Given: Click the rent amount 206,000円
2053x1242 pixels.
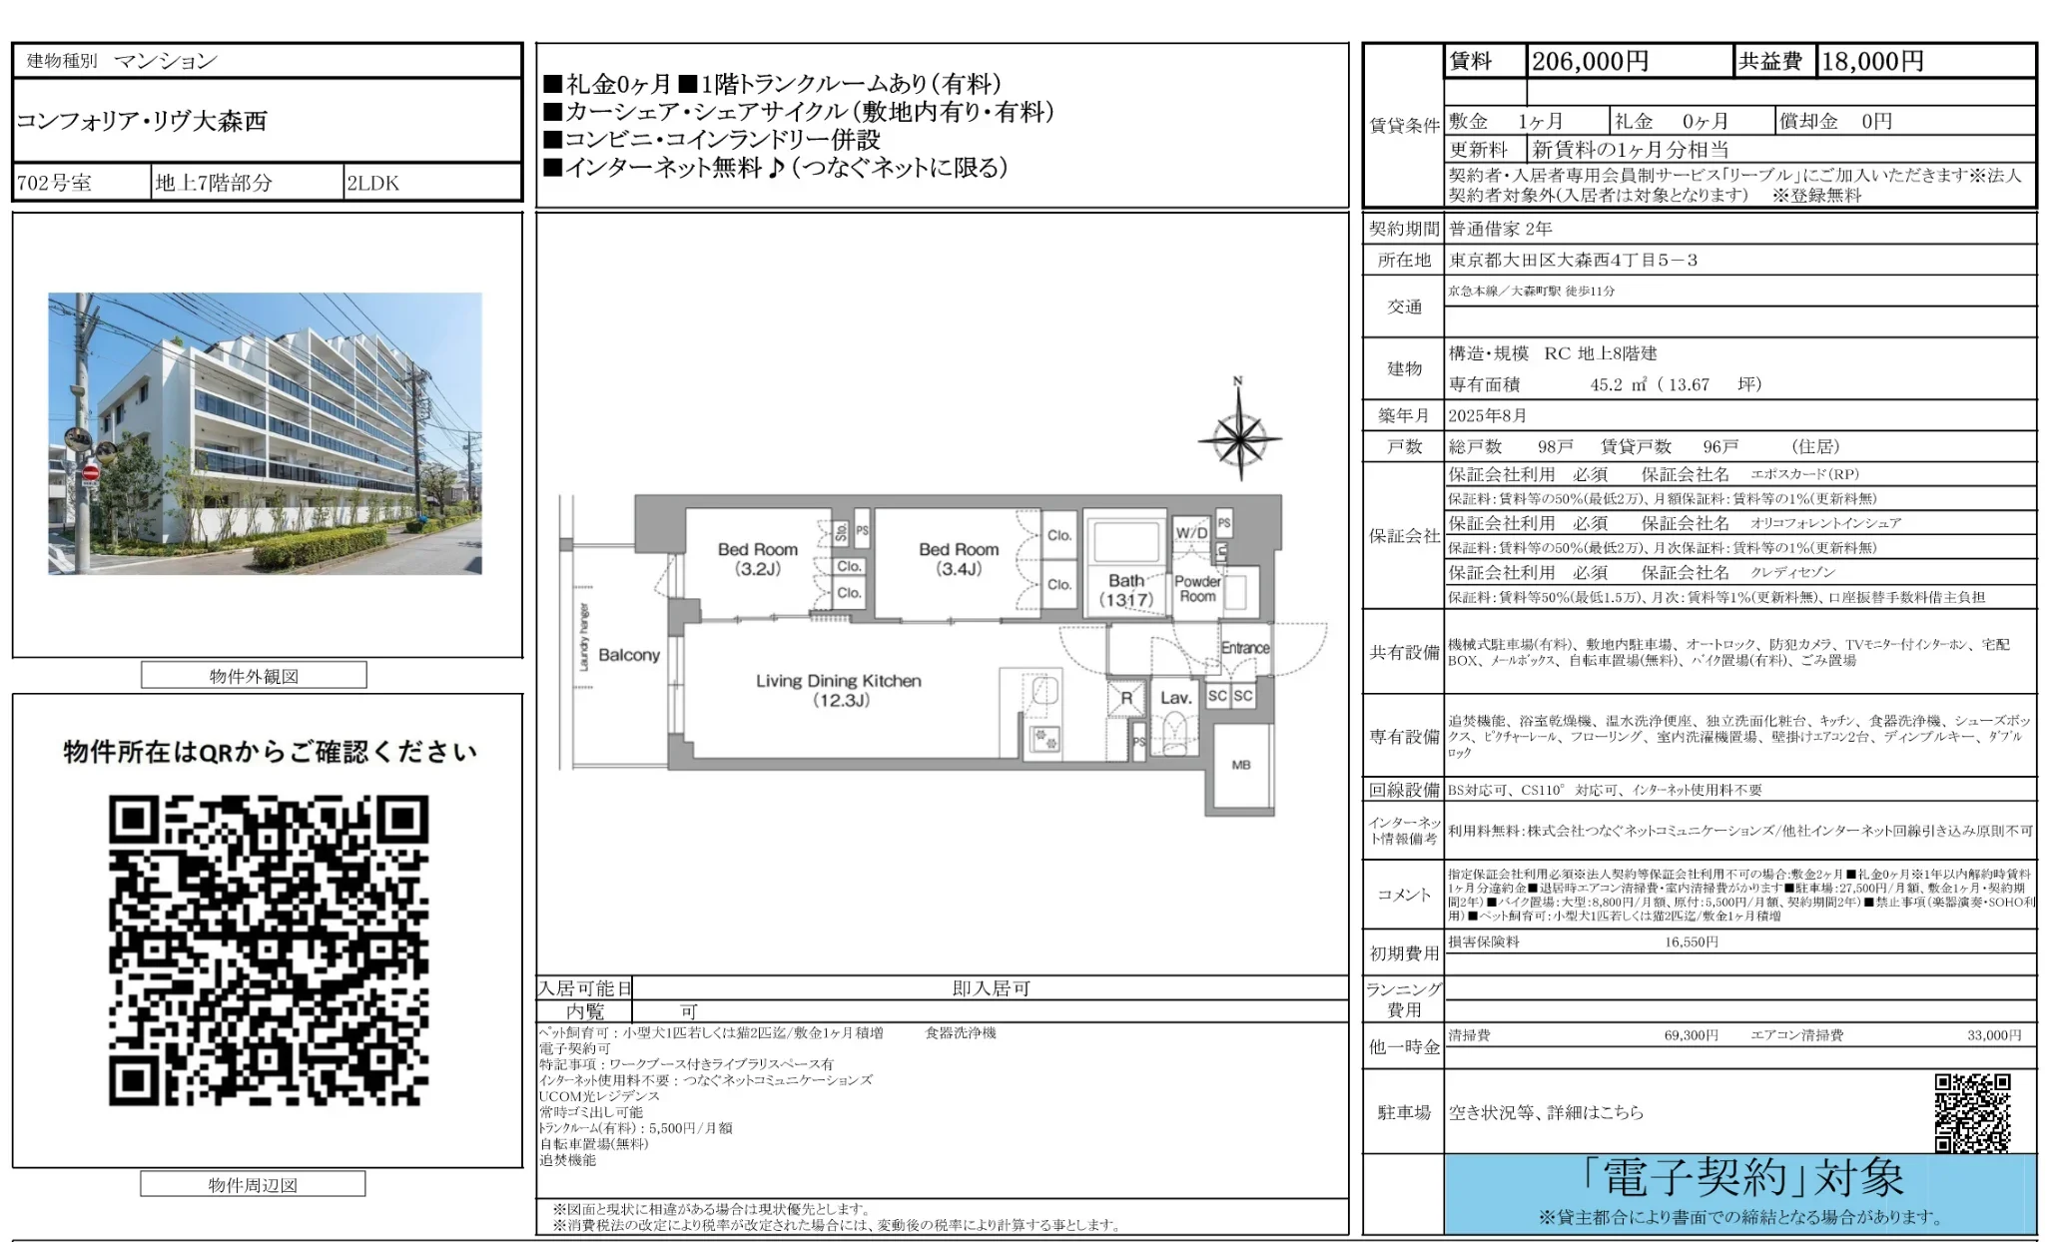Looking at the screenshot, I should pyautogui.click(x=1590, y=62).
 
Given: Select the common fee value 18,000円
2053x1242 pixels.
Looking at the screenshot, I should pyautogui.click(x=1872, y=62).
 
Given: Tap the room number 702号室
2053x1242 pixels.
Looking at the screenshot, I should pyautogui.click(x=55, y=183).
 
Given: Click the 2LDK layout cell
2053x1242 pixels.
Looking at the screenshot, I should pyautogui.click(x=373, y=183).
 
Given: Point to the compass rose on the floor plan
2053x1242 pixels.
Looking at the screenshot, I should pyautogui.click(x=1238, y=436).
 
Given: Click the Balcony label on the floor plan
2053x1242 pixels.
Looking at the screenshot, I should pyautogui.click(x=629, y=655).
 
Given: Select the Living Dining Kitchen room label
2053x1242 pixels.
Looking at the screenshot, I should pyautogui.click(x=838, y=690).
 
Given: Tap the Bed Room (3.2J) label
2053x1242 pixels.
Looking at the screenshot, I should pyautogui.click(x=757, y=559).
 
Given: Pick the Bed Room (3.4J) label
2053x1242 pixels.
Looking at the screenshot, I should pyautogui.click(x=959, y=559).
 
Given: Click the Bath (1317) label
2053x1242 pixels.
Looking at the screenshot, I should pyautogui.click(x=1125, y=590).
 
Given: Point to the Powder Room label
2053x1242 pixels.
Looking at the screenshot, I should pyautogui.click(x=1197, y=588).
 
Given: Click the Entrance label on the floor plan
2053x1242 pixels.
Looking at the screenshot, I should pyautogui.click(x=1244, y=648).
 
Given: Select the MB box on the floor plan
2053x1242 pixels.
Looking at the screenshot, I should pyautogui.click(x=1241, y=765).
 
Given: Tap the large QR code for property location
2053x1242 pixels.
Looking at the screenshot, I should pyautogui.click(x=269, y=950).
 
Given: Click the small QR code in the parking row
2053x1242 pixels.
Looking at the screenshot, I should pyautogui.click(x=1972, y=1112).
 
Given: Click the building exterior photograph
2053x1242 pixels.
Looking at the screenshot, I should pyautogui.click(x=265, y=433).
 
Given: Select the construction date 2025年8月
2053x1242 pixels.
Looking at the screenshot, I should pyautogui.click(x=1488, y=415).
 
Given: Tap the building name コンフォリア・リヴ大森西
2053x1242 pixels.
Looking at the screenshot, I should pyautogui.click(x=142, y=121).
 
